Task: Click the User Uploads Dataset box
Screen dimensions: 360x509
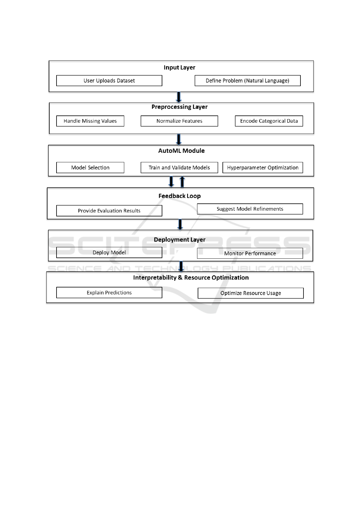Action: (109, 81)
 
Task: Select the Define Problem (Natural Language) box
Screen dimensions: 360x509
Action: (248, 81)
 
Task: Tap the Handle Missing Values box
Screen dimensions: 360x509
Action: (90, 121)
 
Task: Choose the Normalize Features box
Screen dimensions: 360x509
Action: (179, 121)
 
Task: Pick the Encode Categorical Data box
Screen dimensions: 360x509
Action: (269, 121)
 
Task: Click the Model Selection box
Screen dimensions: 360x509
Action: (90, 167)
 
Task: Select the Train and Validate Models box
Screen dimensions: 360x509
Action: (179, 167)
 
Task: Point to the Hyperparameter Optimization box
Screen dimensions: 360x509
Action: (263, 167)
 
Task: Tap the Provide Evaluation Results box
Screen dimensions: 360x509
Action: (109, 211)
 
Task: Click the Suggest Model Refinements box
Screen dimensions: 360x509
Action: (250, 209)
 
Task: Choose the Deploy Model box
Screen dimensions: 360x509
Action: (109, 252)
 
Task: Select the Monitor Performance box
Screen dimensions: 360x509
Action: (250, 253)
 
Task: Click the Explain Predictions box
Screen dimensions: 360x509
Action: (109, 293)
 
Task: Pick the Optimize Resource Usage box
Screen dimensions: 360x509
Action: (251, 293)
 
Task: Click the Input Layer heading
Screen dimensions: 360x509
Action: (180, 67)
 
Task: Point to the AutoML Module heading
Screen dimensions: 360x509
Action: (181, 151)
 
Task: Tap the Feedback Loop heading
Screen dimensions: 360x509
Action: (180, 196)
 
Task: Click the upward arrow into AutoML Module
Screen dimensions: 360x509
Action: (182, 182)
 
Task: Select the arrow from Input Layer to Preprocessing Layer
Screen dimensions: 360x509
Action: (179, 97)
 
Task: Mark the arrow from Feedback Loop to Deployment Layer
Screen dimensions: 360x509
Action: (180, 225)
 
